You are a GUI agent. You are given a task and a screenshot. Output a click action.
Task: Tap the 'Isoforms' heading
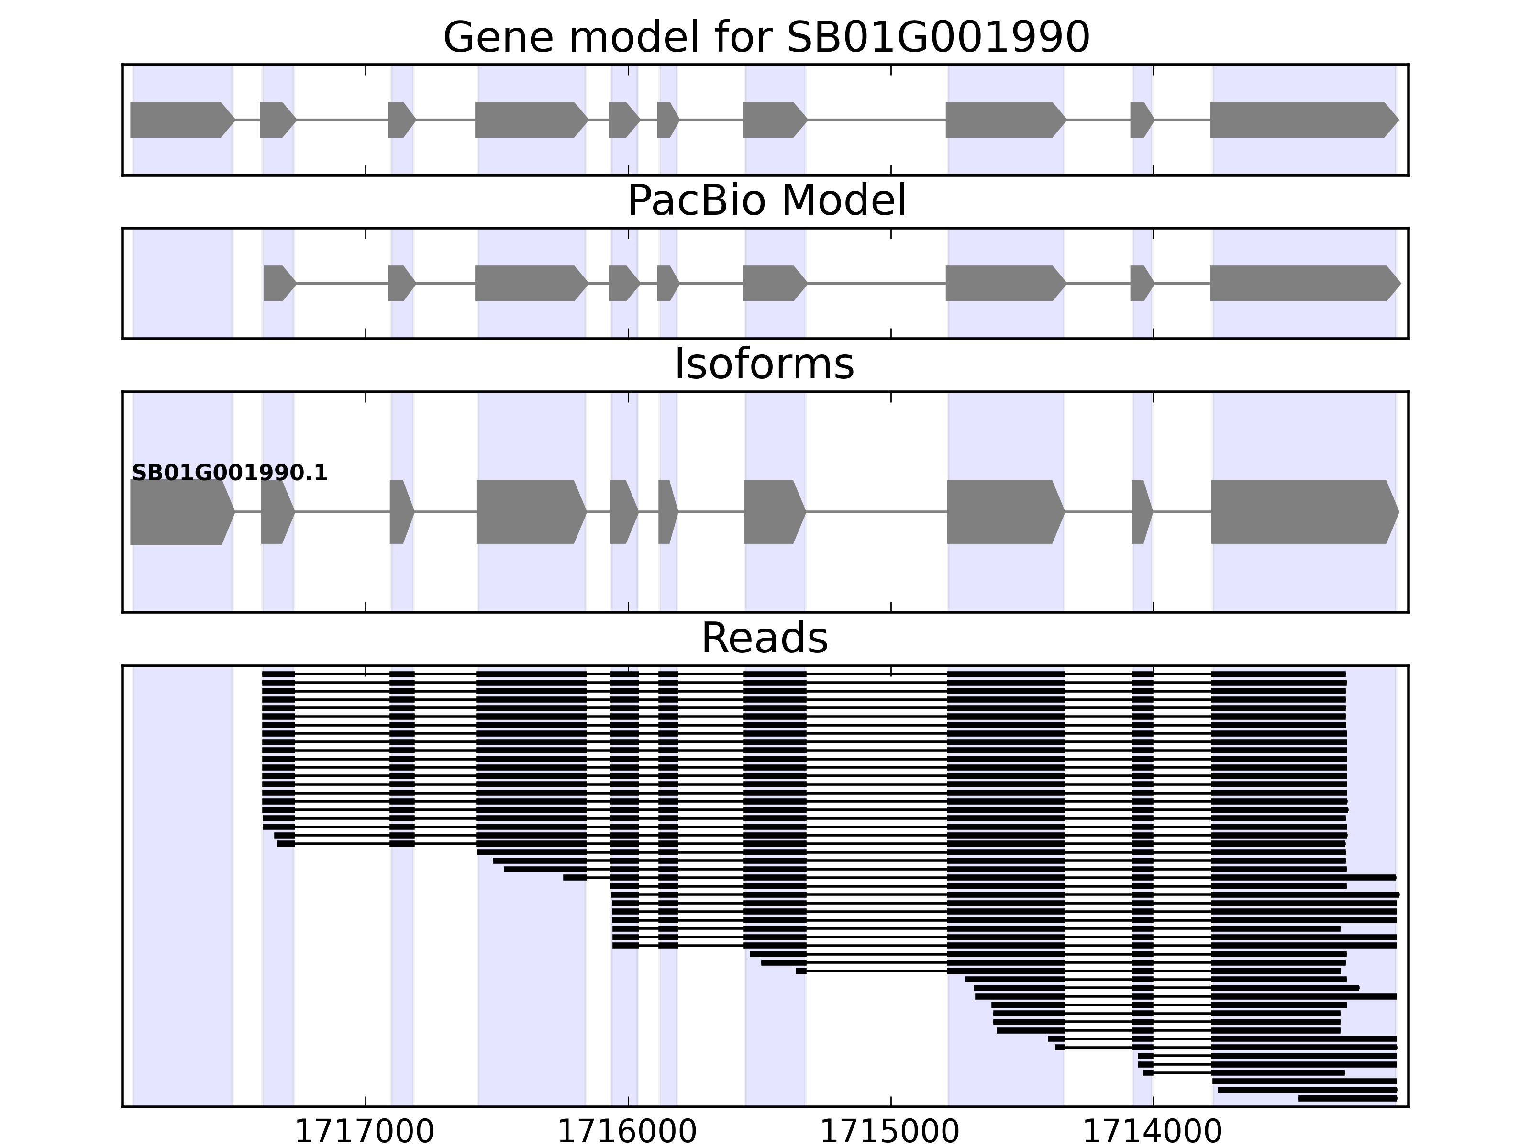(x=764, y=364)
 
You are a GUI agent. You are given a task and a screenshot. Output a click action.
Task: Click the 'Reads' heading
(x=764, y=638)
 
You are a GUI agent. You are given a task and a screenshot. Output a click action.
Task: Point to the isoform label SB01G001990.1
(x=229, y=474)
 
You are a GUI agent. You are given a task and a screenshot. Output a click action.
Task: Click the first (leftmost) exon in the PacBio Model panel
(x=279, y=283)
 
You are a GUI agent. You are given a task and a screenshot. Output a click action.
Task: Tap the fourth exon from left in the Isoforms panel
(x=530, y=512)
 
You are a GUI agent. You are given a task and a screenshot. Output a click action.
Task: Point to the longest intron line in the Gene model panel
(x=876, y=120)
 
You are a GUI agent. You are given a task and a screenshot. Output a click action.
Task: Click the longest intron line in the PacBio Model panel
(x=876, y=283)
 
